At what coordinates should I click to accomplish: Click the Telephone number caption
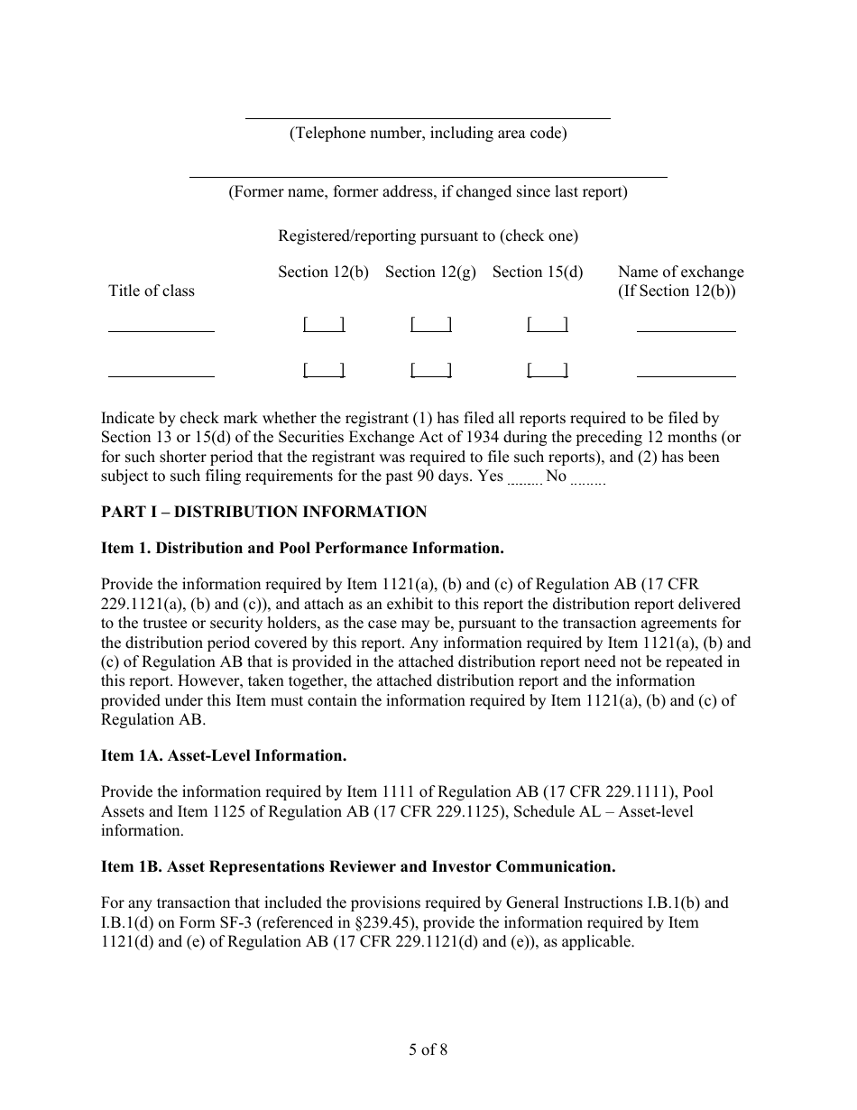pos(428,133)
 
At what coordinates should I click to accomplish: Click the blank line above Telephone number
pos(428,116)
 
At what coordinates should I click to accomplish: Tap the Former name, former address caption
pos(428,191)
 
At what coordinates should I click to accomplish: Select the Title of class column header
pos(152,291)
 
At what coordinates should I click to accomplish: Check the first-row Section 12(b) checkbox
pos(324,324)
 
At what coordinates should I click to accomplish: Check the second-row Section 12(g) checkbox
pos(430,369)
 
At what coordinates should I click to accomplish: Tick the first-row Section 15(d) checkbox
pos(547,324)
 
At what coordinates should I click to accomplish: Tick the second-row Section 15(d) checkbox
pos(547,369)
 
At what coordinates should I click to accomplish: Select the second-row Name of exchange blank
pos(686,374)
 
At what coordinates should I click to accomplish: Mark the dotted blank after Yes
pos(524,481)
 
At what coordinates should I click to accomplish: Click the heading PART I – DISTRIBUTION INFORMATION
pos(263,513)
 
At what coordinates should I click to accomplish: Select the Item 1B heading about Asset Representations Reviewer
pos(358,866)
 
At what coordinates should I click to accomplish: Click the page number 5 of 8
pos(428,1050)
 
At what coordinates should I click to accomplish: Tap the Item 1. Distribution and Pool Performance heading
pos(302,548)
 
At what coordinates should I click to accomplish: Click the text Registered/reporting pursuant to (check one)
pos(428,236)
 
